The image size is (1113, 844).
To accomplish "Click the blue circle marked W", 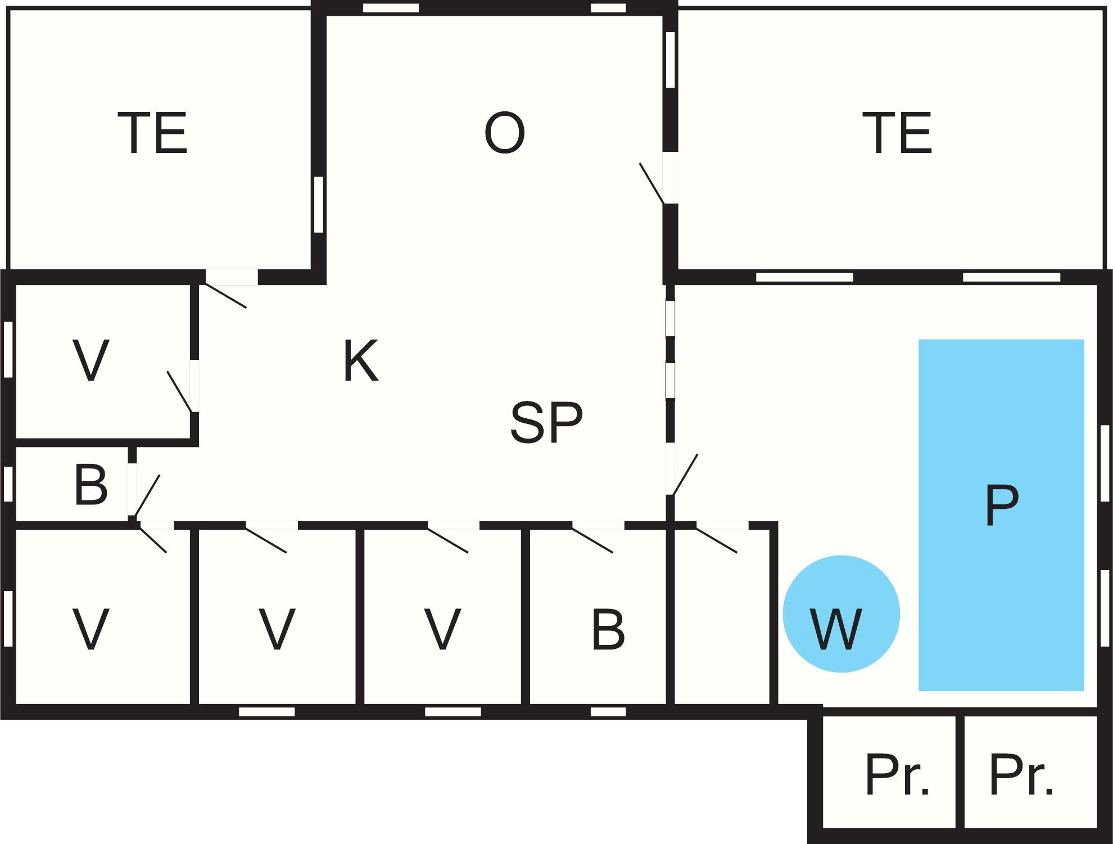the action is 841,613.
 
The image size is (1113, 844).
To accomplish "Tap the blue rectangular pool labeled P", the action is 1001,514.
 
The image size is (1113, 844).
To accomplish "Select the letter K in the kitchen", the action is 360,360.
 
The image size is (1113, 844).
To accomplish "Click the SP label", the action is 546,422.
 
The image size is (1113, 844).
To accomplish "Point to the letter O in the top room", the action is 504,133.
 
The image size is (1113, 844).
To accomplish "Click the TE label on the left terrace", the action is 152,133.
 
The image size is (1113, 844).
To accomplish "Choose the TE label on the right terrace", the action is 897,133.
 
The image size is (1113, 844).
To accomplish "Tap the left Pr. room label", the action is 897,775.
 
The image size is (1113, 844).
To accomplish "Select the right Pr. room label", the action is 1021,775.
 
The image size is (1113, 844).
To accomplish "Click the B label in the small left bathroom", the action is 91,484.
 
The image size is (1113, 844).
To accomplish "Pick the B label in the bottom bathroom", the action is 608,629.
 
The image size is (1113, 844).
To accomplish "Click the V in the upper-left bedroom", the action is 91,360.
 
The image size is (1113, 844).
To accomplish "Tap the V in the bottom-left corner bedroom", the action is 91,629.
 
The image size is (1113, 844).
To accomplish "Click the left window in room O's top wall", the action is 391,8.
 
